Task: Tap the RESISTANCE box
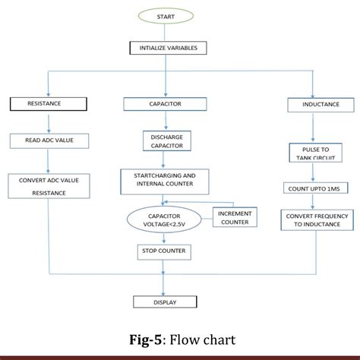point(44,103)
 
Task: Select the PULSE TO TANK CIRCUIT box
point(314,153)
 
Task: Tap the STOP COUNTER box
point(163,250)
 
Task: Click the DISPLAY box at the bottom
point(165,302)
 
